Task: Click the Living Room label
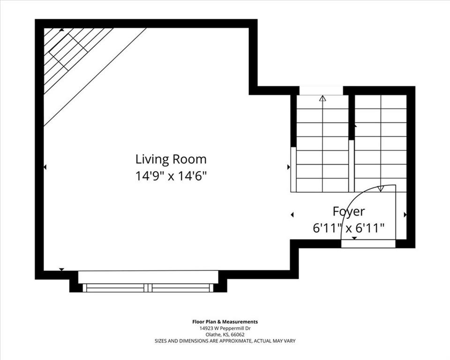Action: (171, 160)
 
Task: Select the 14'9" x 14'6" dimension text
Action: (171, 176)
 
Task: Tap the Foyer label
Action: (349, 211)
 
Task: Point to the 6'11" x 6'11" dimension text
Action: (349, 229)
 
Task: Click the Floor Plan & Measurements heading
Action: (225, 322)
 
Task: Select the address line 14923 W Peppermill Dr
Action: (225, 329)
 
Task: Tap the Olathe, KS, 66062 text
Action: (225, 335)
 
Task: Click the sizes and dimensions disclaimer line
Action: (225, 341)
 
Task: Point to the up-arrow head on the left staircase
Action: (323, 98)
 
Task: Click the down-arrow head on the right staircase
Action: (381, 188)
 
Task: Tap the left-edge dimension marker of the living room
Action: (45, 167)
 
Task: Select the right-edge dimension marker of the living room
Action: (289, 167)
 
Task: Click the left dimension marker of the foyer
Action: (292, 214)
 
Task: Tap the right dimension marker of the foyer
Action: (405, 214)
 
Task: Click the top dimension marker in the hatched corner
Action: (61, 29)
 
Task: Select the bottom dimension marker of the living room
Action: (61, 269)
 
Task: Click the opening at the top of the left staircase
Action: (322, 90)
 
